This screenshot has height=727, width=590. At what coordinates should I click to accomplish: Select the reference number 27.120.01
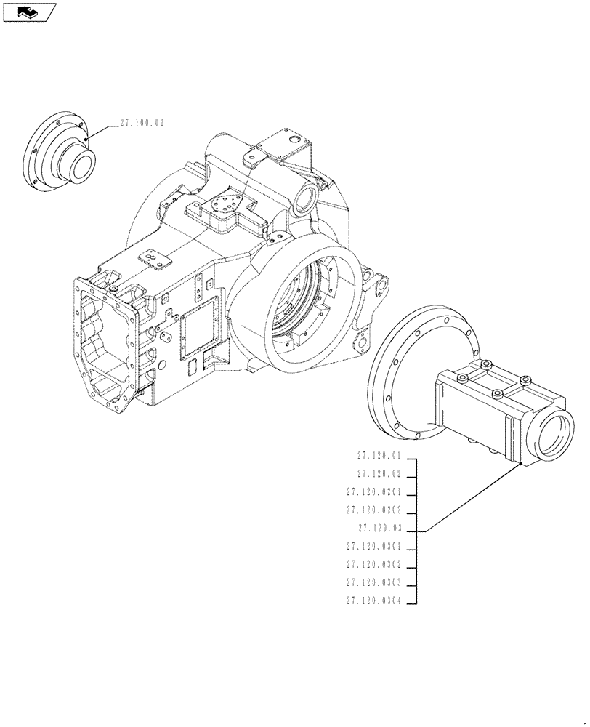tap(379, 456)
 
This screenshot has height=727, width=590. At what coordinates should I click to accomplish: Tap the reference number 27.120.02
tap(379, 474)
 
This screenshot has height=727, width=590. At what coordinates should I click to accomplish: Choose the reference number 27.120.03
tap(379, 529)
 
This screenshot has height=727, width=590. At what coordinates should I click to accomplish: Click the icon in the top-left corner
tap(29, 12)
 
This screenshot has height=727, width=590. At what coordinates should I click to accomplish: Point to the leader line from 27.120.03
tap(472, 498)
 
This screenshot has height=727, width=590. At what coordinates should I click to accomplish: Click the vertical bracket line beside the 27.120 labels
tap(416, 531)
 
